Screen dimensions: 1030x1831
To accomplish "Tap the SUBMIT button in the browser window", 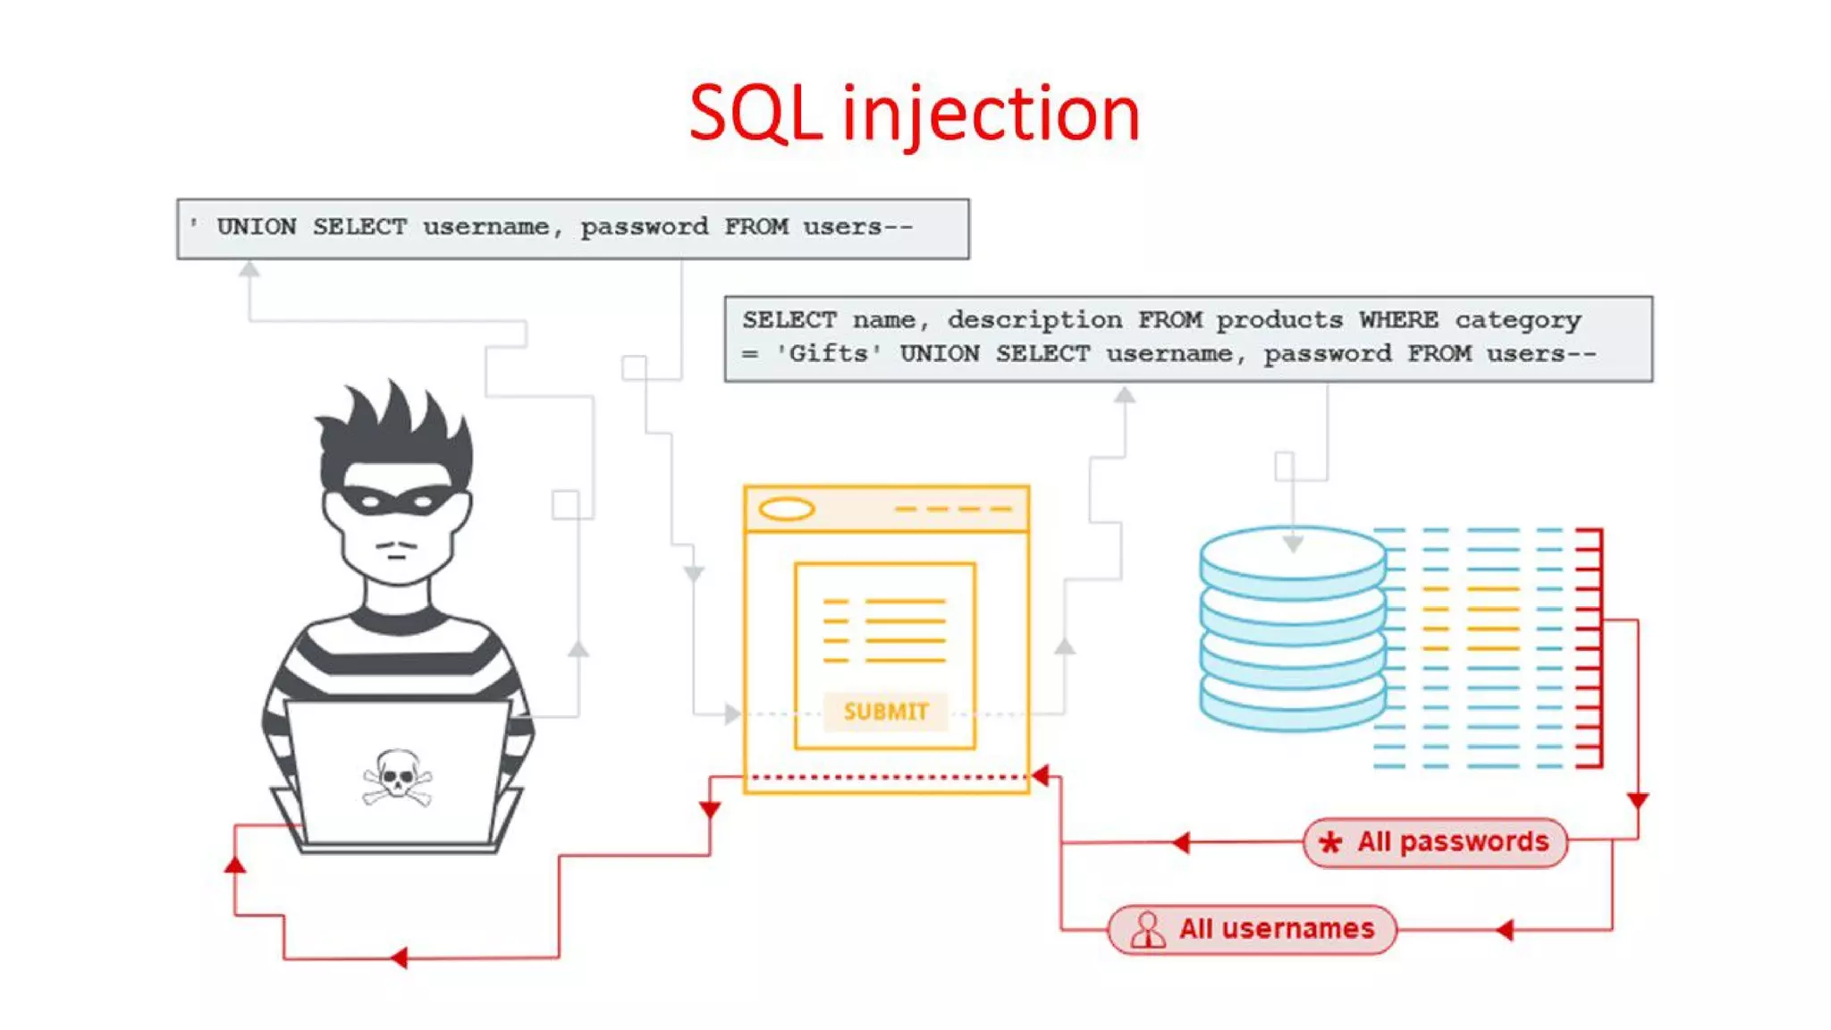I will pos(885,712).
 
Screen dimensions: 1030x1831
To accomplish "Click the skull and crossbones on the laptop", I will pos(397,777).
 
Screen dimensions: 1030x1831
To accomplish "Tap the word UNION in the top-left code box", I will pos(257,227).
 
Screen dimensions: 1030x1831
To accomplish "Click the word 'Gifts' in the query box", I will pos(829,354).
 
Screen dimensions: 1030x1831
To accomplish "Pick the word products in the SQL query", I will pos(1278,320).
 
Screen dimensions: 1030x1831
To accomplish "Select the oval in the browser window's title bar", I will pos(786,510).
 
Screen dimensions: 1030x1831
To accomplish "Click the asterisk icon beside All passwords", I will pos(1329,842).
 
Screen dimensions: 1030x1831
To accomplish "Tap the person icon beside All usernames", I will pos(1147,930).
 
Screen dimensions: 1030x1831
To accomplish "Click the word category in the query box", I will pos(1517,320).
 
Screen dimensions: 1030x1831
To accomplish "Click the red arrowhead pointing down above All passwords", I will pos(1637,800).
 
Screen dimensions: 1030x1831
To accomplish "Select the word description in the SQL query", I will pos(1034,320).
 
